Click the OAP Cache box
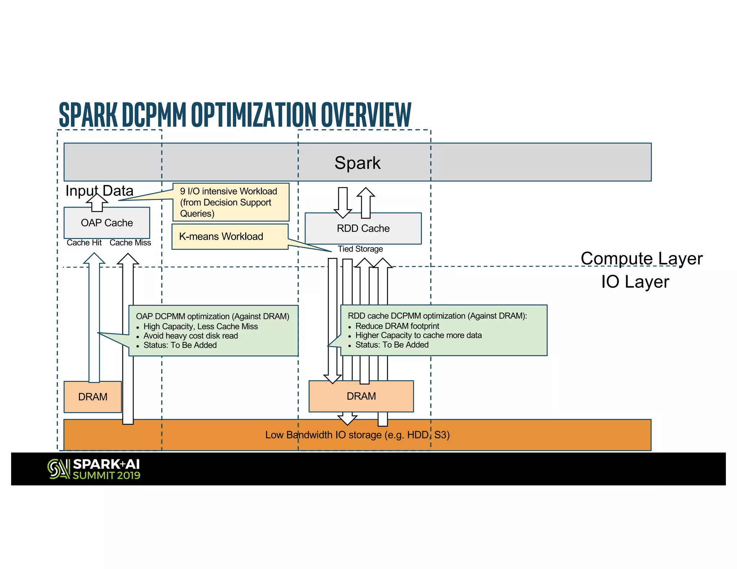pos(107,223)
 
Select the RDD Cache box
pos(363,228)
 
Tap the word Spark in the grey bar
pos(357,163)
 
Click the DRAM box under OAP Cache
pos(92,397)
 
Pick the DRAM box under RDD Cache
pos(361,396)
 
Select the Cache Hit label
pos(84,243)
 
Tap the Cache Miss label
pos(130,243)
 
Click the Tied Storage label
pos(360,249)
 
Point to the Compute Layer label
pos(641,258)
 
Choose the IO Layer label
pos(635,282)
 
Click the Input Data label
pos(99,191)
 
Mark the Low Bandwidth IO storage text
pos(357,435)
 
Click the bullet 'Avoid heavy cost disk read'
pos(190,336)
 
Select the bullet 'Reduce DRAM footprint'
pos(397,326)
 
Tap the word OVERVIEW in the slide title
pos(366,115)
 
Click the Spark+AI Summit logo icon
pos(59,469)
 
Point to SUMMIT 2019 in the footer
pos(107,475)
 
